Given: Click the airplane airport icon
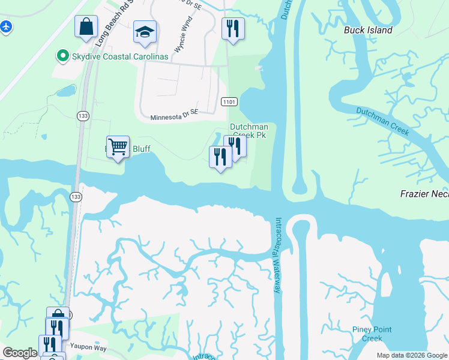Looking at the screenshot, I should click(x=6, y=27).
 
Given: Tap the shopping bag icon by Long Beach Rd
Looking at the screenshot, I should click(x=86, y=26).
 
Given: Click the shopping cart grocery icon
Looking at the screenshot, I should click(x=118, y=146).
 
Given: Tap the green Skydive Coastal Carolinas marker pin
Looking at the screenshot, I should click(x=61, y=56).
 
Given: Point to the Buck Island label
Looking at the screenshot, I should click(x=368, y=30).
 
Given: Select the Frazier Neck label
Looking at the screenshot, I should click(x=424, y=193).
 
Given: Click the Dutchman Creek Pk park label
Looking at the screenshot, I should click(x=248, y=131).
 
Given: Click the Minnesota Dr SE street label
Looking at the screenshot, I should click(x=173, y=116).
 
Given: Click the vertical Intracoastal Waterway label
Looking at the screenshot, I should click(x=278, y=255).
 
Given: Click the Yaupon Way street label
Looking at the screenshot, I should click(x=88, y=347).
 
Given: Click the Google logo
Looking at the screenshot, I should click(x=20, y=353).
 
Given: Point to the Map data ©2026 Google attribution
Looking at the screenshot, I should click(x=411, y=355).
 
